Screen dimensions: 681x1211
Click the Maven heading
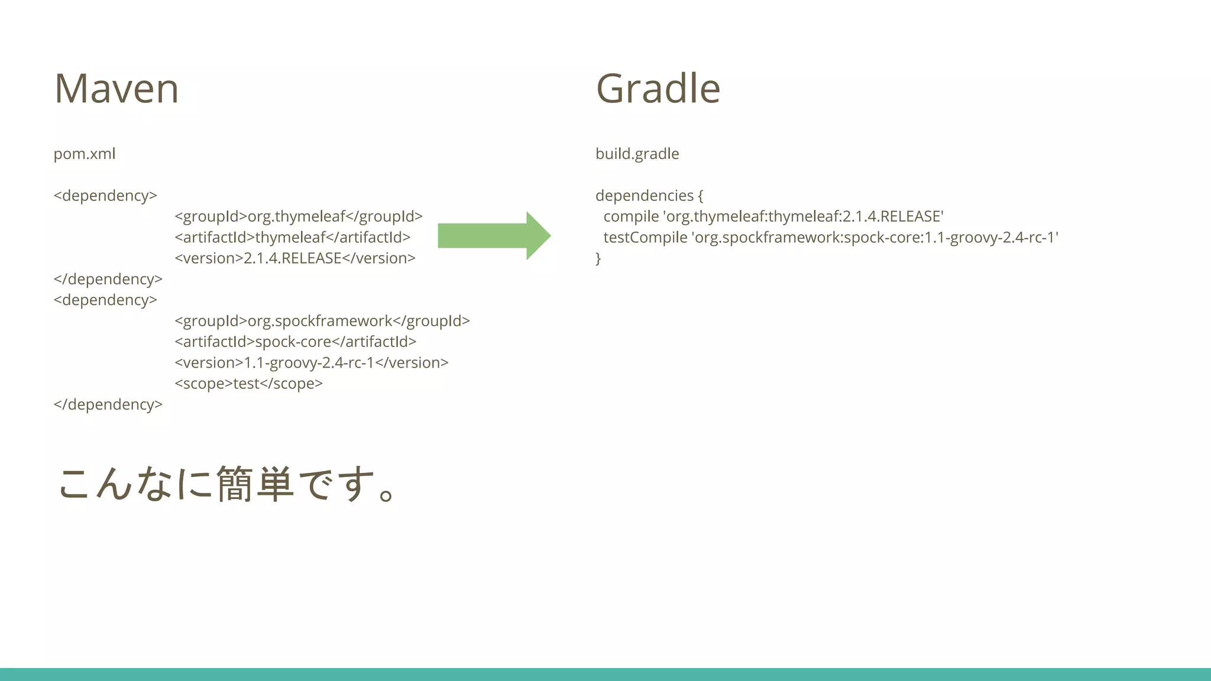[116, 89]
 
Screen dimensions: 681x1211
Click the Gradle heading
[658, 89]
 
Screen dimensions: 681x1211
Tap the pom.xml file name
[85, 154]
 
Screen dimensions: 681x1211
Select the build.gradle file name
[637, 154]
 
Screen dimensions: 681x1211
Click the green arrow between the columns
[494, 236]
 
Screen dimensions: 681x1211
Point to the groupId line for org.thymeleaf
[298, 216]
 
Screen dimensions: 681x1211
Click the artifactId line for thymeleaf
[292, 238]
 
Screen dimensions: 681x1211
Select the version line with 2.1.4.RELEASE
[294, 258]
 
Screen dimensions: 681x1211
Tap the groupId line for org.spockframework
[322, 321]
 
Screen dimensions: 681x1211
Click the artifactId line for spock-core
[295, 342]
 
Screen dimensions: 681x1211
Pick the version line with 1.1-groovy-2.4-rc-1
[311, 363]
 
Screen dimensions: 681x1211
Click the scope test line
[248, 384]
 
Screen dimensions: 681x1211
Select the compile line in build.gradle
[773, 216]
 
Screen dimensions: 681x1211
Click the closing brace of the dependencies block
[598, 258]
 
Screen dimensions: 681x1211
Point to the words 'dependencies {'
[649, 196]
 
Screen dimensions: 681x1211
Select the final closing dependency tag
[108, 404]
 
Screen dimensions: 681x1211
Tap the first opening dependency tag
[105, 196]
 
